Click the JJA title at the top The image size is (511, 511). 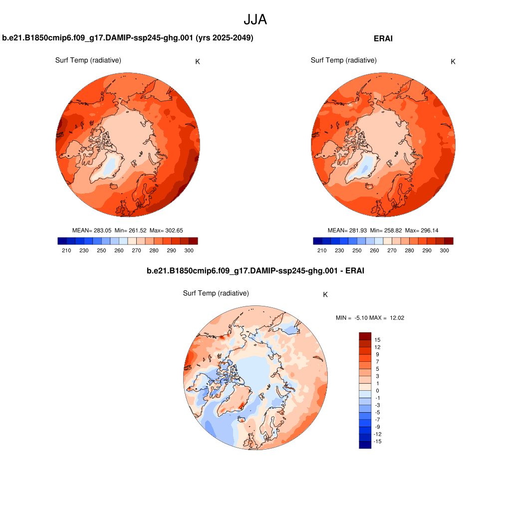(255, 19)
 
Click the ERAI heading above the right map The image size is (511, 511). (383, 38)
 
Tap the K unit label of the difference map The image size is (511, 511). (325, 294)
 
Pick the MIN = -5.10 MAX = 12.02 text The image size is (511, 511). (370, 318)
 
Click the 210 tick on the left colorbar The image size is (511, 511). (66, 251)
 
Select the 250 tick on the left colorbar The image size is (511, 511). (101, 251)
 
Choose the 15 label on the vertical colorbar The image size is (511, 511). (377, 340)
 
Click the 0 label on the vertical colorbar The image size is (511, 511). (377, 391)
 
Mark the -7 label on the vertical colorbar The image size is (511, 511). (377, 420)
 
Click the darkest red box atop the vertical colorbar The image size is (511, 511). (365, 336)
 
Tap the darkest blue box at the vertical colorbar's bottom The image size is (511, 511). (365, 445)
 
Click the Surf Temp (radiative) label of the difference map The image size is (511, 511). (216, 293)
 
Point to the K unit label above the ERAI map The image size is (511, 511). (453, 62)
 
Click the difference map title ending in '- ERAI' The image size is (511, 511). (255, 271)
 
